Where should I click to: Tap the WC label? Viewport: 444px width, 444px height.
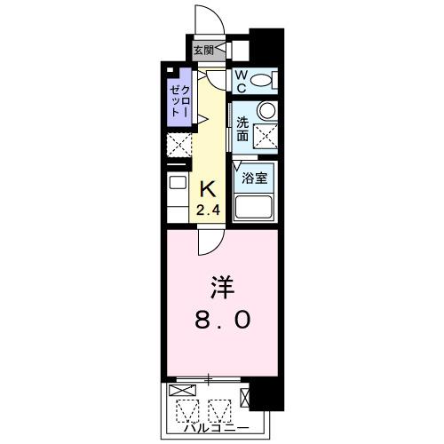tap(241, 81)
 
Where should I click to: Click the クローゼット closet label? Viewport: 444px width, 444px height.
tap(180, 103)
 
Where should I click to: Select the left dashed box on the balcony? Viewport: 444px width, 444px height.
tap(186, 410)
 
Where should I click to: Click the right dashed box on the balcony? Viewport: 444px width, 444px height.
tap(219, 410)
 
